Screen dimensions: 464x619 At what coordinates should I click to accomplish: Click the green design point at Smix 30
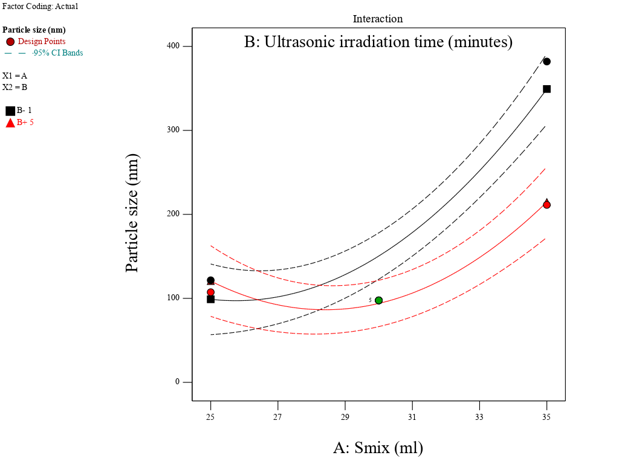pos(378,300)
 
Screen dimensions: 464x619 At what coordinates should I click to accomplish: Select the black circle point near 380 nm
pos(546,62)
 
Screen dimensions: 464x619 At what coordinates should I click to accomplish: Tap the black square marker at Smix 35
pos(546,89)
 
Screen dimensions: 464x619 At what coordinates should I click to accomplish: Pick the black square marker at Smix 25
pos(210,299)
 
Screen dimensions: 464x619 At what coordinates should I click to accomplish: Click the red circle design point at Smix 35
pos(546,205)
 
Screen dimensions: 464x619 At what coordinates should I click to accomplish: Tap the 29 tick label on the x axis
pos(345,417)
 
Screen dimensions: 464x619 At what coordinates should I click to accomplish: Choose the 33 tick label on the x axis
pos(479,417)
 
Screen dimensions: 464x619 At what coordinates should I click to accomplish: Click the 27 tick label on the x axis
pos(277,417)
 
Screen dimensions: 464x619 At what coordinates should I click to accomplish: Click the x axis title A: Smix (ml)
pos(378,448)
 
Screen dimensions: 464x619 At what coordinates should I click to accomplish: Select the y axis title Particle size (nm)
pos(132,213)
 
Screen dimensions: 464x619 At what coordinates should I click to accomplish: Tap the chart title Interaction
pos(378,19)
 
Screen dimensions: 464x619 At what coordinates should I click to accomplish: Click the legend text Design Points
pos(42,42)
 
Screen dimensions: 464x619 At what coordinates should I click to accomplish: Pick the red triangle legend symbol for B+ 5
pos(10,123)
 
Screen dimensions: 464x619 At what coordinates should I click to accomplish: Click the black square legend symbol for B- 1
pos(10,111)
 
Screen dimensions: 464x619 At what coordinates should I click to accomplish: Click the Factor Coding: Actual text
pos(40,6)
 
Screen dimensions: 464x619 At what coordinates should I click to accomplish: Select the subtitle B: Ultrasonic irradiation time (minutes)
pos(378,42)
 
